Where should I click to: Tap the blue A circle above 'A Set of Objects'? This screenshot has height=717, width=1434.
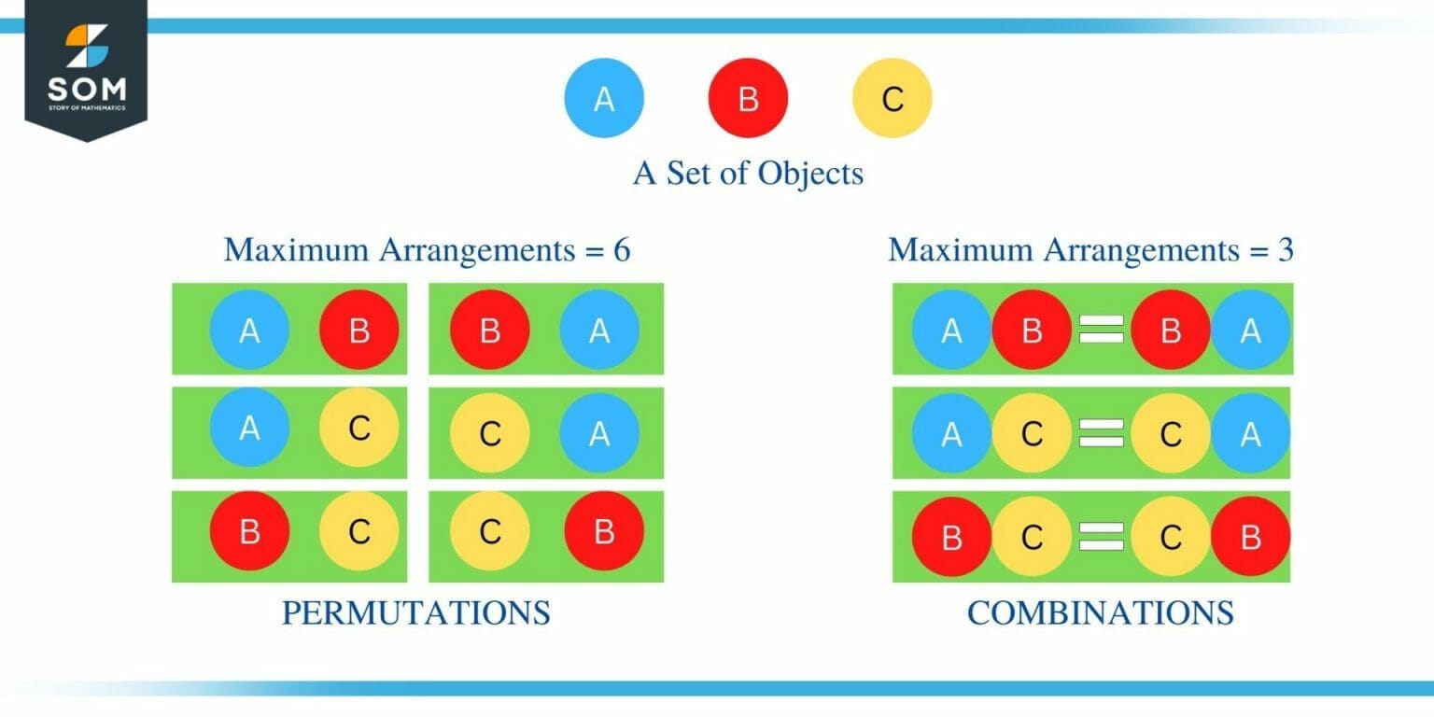[604, 99]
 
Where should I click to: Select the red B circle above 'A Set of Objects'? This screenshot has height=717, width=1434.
[748, 99]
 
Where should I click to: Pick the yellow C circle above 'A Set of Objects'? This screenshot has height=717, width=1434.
[892, 99]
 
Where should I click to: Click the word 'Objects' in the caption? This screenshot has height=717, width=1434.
[810, 174]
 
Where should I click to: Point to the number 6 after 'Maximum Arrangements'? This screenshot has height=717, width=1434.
[621, 250]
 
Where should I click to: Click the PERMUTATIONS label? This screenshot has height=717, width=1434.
[415, 613]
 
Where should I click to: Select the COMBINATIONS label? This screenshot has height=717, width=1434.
[1100, 613]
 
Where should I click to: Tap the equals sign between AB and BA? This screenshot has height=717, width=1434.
[1101, 330]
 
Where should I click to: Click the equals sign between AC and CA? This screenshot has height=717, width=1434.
[1101, 433]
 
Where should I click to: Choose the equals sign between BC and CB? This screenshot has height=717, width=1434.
[1101, 537]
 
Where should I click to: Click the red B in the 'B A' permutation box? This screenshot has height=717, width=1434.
[490, 330]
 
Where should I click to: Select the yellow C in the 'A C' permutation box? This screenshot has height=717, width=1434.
[359, 429]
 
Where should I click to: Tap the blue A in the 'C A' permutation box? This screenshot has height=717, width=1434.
[599, 433]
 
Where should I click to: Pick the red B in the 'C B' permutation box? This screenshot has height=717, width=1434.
[604, 532]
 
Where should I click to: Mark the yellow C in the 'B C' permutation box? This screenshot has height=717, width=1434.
[359, 532]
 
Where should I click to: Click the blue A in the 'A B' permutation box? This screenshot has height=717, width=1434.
[249, 330]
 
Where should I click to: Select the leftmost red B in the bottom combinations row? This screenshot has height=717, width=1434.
[951, 537]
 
